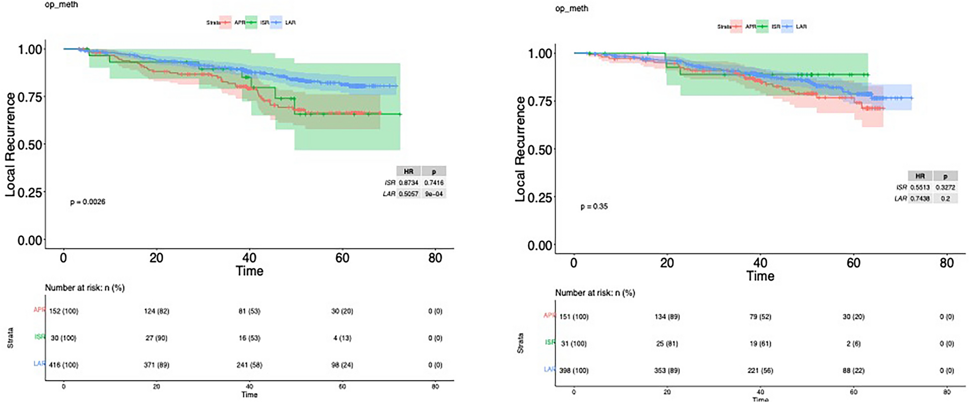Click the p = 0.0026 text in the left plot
tap(87, 202)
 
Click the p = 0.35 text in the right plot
tap(594, 207)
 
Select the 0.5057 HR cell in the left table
tap(409, 194)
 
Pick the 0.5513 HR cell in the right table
tap(920, 187)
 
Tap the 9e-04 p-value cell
tap(434, 194)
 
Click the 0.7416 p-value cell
tap(434, 183)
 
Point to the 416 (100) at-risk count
tap(64, 365)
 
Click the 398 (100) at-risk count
tap(574, 371)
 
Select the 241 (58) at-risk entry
tap(249, 365)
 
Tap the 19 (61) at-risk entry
tap(760, 344)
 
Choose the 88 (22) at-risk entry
tap(853, 371)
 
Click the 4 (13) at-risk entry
tap(342, 338)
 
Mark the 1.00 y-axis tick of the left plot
tap(30, 49)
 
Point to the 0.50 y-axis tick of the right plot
tap(540, 150)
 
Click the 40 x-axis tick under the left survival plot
tap(249, 258)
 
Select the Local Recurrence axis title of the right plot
tap(520, 149)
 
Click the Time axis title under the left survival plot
tap(249, 271)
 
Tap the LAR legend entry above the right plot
tap(801, 27)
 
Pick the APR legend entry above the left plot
tap(239, 23)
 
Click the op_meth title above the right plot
tap(571, 9)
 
